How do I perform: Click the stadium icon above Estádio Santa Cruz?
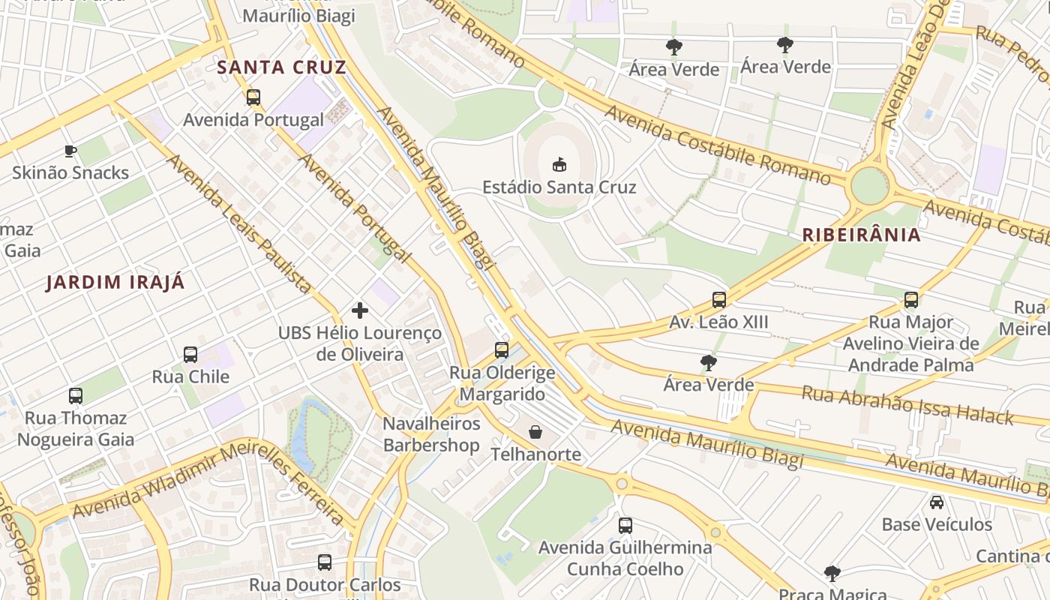pyautogui.click(x=559, y=163)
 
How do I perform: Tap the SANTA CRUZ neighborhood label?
pyautogui.click(x=281, y=67)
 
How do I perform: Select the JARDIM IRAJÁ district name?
pyautogui.click(x=115, y=283)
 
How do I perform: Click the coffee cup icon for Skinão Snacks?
pyautogui.click(x=70, y=151)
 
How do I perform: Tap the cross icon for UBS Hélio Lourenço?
pyautogui.click(x=360, y=310)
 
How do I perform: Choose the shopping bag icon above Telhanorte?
pyautogui.click(x=535, y=432)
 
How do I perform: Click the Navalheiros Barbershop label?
pyautogui.click(x=431, y=434)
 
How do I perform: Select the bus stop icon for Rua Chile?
pyautogui.click(x=190, y=355)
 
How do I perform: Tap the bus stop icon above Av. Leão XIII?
pyautogui.click(x=718, y=300)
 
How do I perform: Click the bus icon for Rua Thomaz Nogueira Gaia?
pyautogui.click(x=76, y=396)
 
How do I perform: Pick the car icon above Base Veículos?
pyautogui.click(x=936, y=502)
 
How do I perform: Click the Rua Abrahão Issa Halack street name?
pyautogui.click(x=907, y=405)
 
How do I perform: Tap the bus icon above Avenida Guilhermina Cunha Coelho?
pyautogui.click(x=625, y=526)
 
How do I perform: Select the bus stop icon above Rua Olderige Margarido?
pyautogui.click(x=502, y=350)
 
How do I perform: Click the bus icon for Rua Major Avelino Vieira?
pyautogui.click(x=910, y=300)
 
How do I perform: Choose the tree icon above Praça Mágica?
pyautogui.click(x=832, y=574)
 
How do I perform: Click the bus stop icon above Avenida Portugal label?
pyautogui.click(x=253, y=97)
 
